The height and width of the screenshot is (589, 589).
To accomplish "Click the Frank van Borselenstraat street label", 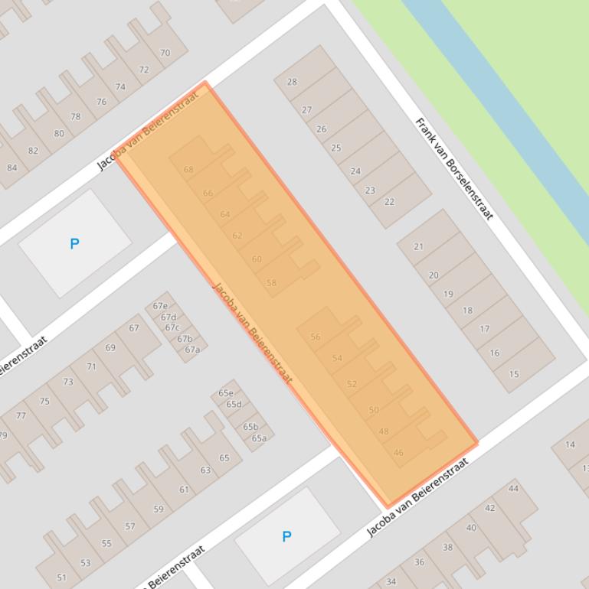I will (453, 168).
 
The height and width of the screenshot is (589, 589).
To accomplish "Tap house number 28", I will (292, 82).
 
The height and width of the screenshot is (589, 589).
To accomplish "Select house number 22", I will (389, 202).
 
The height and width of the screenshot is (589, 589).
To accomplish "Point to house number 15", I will (514, 374).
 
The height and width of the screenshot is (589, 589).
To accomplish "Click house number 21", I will (418, 246).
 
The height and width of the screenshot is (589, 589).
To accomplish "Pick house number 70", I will (165, 53).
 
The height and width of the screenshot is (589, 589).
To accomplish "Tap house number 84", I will (11, 168).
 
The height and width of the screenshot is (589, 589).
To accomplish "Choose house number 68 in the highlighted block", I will (188, 170).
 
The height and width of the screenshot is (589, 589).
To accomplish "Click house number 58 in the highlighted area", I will (271, 283).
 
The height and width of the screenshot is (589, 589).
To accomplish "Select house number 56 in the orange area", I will (316, 337).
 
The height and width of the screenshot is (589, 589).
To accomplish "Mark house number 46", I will (398, 453).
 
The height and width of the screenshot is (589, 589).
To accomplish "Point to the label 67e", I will (160, 306).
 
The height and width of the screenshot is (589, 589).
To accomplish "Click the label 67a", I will (191, 350).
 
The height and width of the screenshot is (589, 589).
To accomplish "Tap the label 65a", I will (259, 438).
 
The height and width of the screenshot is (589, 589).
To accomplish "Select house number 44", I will (513, 488).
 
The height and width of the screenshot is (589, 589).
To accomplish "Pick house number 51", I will (61, 578).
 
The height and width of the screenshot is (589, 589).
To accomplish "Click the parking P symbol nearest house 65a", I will (286, 536).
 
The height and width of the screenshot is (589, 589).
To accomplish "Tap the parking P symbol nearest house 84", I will (74, 244).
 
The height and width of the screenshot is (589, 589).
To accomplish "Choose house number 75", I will (44, 401).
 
